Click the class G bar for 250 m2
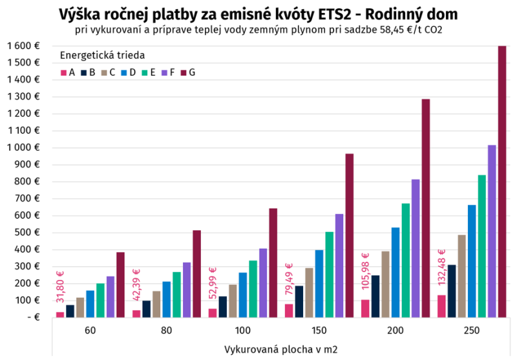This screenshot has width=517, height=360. click(502, 182)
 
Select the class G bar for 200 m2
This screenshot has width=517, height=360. click(426, 208)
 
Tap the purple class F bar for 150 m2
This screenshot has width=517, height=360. click(339, 266)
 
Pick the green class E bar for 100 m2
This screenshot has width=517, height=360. click(253, 289)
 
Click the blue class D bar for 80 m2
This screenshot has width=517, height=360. click(167, 299)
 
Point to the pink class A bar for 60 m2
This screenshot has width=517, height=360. click(60, 315)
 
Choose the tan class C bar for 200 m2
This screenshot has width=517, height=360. click(385, 284)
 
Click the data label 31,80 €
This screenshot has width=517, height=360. click(60, 287)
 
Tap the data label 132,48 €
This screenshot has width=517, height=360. click(441, 268)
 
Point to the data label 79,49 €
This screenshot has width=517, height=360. click(289, 279)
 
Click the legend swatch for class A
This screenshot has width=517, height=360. click(64, 73)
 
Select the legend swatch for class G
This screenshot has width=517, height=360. click(184, 73)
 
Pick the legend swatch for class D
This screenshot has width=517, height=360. click(124, 73)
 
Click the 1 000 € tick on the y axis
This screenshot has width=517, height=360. click(23, 147)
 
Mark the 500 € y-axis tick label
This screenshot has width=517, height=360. click(27, 233)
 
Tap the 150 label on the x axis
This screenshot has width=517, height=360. click(319, 330)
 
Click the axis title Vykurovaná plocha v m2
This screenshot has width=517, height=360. click(280, 350)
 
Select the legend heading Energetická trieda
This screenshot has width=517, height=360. click(102, 55)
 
